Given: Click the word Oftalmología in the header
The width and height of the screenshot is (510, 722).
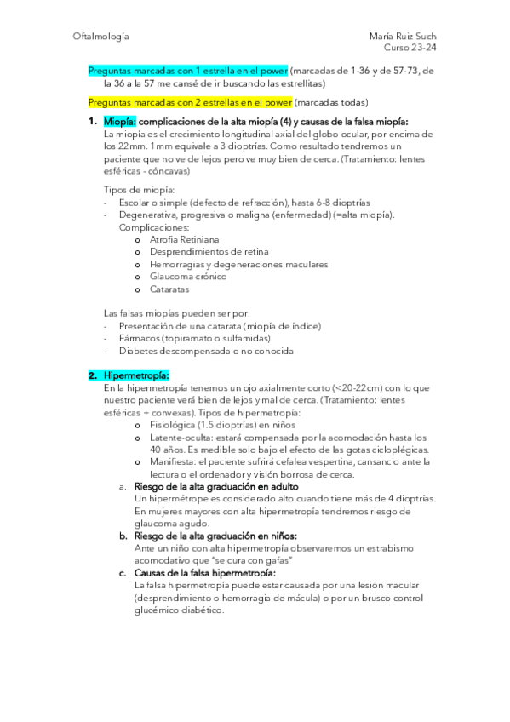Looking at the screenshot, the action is click(x=101, y=37).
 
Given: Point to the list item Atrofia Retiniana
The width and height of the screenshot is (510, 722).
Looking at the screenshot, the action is click(x=190, y=240).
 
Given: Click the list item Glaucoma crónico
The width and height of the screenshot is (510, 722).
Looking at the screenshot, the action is click(x=188, y=277).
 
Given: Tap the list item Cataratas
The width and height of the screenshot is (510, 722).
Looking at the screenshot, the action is click(x=173, y=289).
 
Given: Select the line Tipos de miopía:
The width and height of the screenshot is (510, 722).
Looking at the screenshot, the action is click(x=140, y=189).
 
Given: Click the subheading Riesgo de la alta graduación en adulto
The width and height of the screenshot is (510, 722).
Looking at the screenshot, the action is click(x=217, y=485).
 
